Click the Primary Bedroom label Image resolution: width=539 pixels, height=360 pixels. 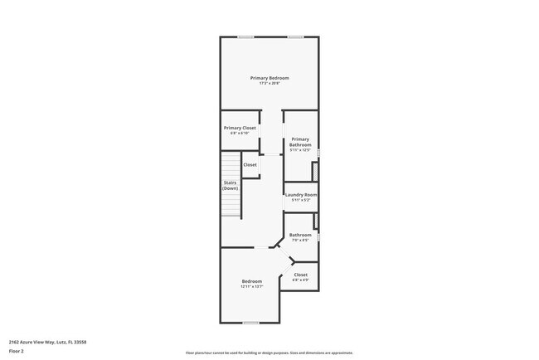click(269, 78)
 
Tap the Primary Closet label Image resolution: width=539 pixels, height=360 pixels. click(240, 128)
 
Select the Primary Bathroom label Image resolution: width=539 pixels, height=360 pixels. click(300, 142)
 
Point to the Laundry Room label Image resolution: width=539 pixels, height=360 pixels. click(301, 195)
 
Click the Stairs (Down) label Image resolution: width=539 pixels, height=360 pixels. click(230, 185)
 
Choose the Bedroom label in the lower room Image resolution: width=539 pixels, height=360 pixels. click(252, 281)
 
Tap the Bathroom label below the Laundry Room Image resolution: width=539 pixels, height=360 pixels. click(300, 235)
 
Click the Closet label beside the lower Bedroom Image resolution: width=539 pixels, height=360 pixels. click(300, 275)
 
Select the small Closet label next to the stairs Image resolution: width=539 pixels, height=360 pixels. click(250, 164)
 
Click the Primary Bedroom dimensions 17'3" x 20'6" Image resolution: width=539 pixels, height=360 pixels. click(269, 83)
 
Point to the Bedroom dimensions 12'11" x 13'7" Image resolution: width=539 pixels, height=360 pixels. click(252, 286)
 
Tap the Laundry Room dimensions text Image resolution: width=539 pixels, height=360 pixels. click(301, 200)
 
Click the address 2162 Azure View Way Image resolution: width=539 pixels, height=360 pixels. click(48, 342)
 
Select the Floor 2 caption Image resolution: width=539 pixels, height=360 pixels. click(17, 351)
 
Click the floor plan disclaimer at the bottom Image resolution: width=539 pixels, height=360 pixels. click(269, 353)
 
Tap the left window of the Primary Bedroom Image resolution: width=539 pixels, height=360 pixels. click(245, 36)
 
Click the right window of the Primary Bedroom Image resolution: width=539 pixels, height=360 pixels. click(294, 36)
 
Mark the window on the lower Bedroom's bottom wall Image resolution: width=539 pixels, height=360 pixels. click(250, 323)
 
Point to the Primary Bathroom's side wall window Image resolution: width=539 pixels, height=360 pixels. click(318, 152)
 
